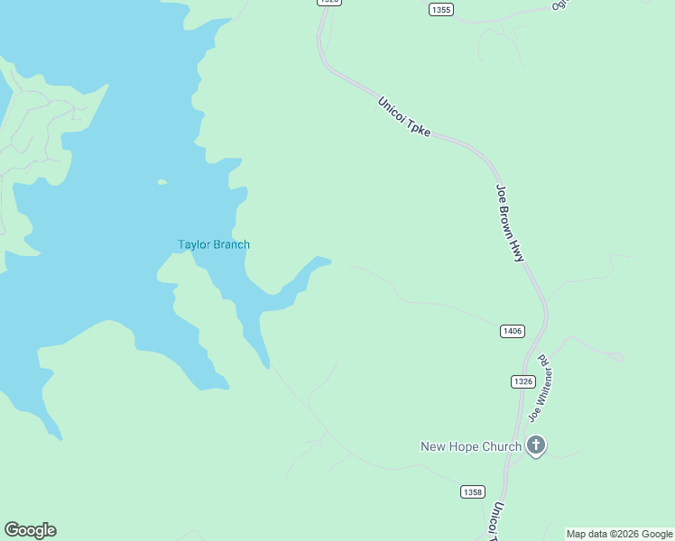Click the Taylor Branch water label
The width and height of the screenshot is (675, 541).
click(x=214, y=244)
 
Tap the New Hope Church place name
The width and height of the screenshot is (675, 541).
click(x=470, y=446)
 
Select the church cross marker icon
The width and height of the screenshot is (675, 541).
click(x=536, y=445)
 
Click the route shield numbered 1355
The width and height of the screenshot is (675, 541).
click(x=440, y=9)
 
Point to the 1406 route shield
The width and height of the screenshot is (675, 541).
click(x=511, y=331)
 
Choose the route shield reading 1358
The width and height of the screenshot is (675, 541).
click(x=472, y=491)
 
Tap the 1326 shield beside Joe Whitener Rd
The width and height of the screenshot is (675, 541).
click(x=522, y=381)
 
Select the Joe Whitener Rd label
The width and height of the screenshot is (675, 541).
click(x=539, y=390)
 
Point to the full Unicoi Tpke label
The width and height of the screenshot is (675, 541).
click(x=405, y=117)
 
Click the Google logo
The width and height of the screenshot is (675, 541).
click(x=30, y=530)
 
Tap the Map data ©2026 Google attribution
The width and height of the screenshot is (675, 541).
click(x=620, y=534)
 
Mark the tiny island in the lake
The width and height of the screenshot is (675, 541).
click(x=162, y=182)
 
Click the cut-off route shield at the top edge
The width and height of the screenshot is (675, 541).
click(x=329, y=3)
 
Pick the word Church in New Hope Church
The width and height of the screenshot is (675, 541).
click(x=501, y=446)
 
